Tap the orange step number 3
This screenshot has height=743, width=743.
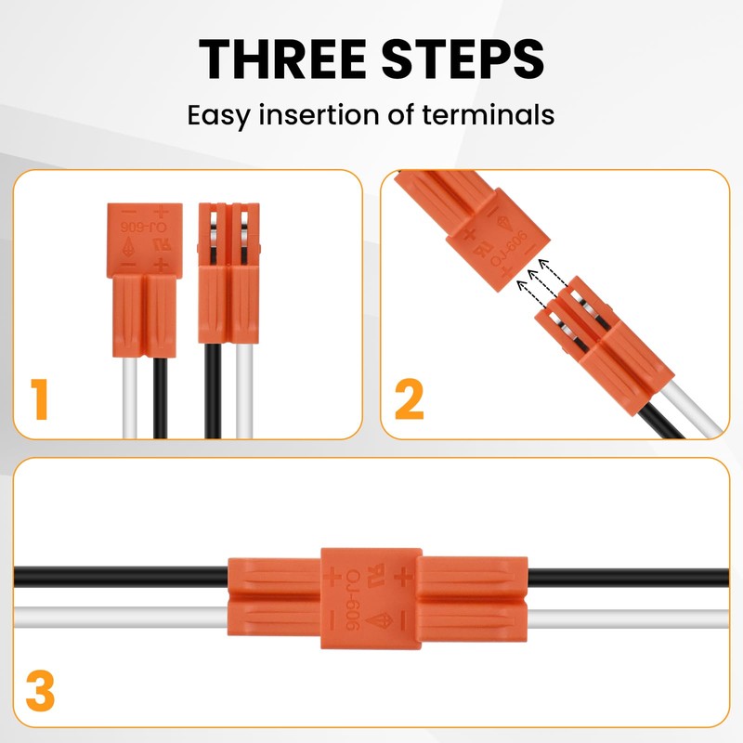[40, 692]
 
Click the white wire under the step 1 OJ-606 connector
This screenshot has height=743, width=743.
[127, 395]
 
